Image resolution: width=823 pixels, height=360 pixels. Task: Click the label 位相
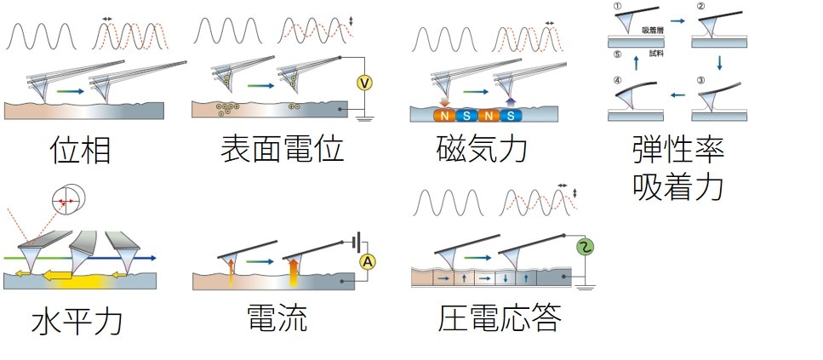pyautogui.click(x=80, y=150)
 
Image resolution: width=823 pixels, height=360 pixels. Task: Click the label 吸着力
pyautogui.click(x=677, y=185)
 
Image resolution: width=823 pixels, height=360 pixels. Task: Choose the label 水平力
pyautogui.click(x=77, y=322)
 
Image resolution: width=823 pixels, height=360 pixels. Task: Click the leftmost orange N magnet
pyautogui.click(x=444, y=115)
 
